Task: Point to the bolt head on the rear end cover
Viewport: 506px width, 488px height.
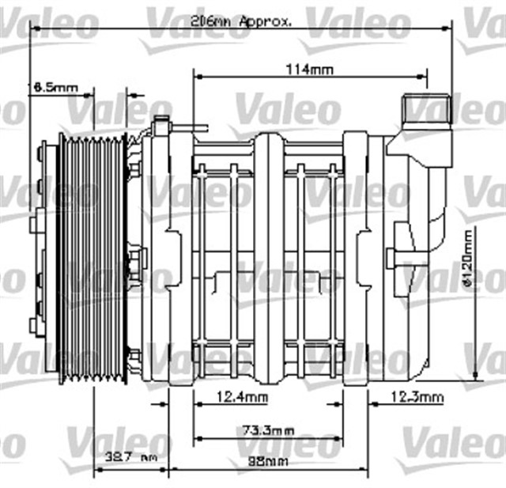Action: pos(391,256)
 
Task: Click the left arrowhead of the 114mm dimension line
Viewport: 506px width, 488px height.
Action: pos(198,77)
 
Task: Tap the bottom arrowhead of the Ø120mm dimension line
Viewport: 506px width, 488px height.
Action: pos(475,375)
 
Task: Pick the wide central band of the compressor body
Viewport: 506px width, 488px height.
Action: pos(268,261)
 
